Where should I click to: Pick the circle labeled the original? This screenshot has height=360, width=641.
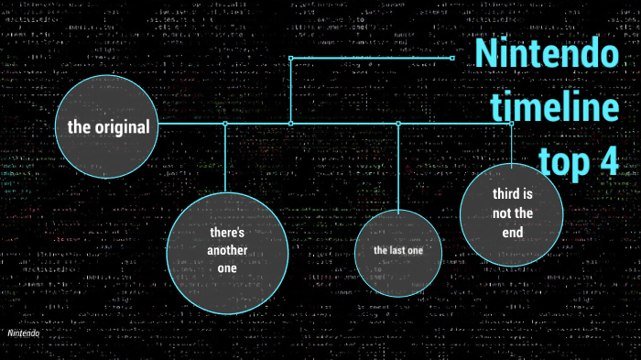pos(108,126)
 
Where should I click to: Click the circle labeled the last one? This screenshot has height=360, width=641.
pos(397,250)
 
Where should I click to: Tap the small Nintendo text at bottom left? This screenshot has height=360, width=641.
pos(24,333)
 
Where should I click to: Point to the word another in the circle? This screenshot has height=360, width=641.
pos(222,250)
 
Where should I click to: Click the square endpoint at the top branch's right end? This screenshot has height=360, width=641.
pos(453,58)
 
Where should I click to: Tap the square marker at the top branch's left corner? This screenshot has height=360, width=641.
pos(291,58)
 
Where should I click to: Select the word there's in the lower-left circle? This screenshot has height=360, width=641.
pos(222,233)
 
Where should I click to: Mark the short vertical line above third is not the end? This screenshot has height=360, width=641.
pos(512,142)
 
